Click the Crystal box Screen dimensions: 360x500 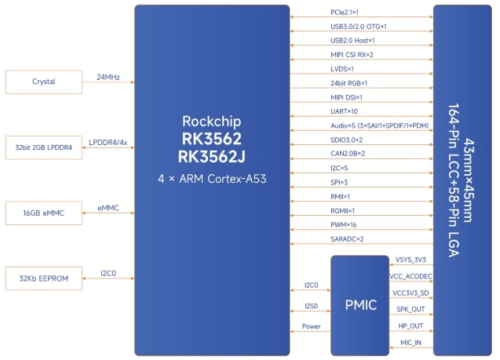pyautogui.click(x=43, y=82)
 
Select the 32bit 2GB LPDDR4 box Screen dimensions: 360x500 pyautogui.click(x=43, y=147)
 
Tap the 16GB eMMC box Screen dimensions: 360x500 pyautogui.click(x=43, y=213)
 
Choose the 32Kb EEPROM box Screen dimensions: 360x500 pyautogui.click(x=43, y=278)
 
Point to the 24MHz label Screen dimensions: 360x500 pyautogui.click(x=108, y=77)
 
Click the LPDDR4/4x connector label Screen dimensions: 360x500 pyautogui.click(x=108, y=142)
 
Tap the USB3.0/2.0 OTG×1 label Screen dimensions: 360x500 pyautogui.click(x=359, y=27)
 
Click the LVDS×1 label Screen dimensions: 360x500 pyautogui.click(x=343, y=68)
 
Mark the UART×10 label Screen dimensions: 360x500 pyautogui.click(x=345, y=111)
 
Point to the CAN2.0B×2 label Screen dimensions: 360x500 pyautogui.click(x=349, y=154)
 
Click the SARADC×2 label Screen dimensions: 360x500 pyautogui.click(x=348, y=238)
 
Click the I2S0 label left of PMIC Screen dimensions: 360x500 pyautogui.click(x=311, y=306)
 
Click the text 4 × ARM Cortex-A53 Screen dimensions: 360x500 pyautogui.click(x=213, y=180)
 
